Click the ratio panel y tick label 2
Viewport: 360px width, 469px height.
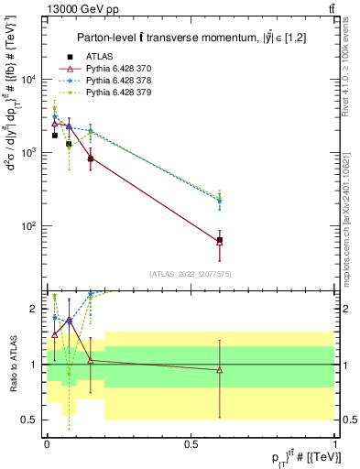(34, 309)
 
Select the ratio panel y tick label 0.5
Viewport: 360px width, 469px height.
(30, 420)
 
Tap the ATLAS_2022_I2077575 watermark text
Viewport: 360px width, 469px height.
(191, 274)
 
